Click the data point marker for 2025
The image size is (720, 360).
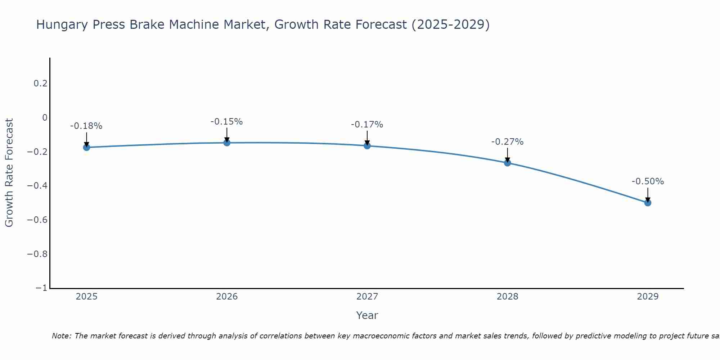coord(86,147)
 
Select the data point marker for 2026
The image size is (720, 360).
coord(227,143)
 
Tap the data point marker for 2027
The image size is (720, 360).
coord(367,146)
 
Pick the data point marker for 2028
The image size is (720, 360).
coord(507,163)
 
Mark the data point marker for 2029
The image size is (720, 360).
coord(648,203)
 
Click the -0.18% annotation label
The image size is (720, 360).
coord(86,126)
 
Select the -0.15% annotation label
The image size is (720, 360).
coord(227,122)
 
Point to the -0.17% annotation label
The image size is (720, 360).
coord(367,125)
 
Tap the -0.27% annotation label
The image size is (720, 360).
coord(507,142)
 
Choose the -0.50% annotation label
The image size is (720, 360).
coord(648,181)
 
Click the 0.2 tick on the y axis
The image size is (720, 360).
coord(40,84)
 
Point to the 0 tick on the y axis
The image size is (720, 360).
coord(45,118)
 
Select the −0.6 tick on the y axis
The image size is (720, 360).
coord(37,220)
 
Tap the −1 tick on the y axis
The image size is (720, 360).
coord(41,288)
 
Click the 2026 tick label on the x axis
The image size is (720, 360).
coord(227,297)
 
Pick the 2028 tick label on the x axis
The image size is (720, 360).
coord(507,297)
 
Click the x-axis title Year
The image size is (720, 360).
coord(367,315)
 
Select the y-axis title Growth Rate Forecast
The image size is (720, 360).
coord(9,173)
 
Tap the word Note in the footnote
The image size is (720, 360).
coord(61,336)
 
